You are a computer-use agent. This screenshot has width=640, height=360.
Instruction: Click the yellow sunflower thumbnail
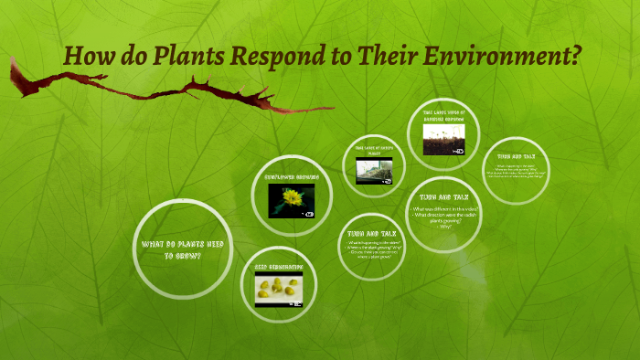click(292, 200)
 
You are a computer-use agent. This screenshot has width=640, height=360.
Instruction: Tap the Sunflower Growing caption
click(291, 175)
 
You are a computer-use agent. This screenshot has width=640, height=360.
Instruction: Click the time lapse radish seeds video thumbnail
click(443, 140)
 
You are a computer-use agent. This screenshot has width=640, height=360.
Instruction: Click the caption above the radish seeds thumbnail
click(443, 115)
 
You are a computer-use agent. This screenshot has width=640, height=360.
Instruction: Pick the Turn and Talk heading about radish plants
click(443, 196)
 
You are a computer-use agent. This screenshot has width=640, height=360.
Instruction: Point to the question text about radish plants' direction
click(443, 217)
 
